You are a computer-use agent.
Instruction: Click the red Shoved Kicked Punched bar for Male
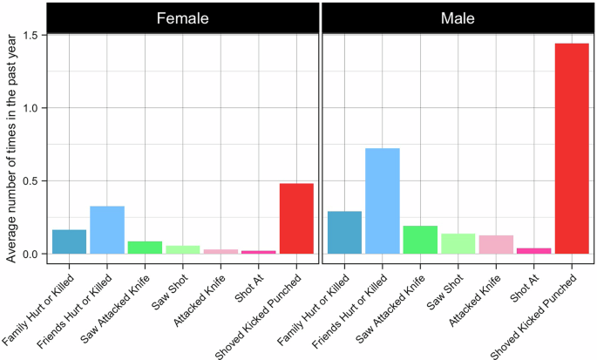(x=572, y=148)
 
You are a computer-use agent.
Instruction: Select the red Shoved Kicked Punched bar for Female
(x=295, y=218)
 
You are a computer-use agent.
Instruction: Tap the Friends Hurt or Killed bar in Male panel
(x=382, y=200)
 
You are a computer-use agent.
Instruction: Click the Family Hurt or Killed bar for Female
(x=70, y=241)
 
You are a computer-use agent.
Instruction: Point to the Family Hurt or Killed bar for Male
(x=344, y=232)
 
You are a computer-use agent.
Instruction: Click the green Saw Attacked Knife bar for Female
(x=145, y=248)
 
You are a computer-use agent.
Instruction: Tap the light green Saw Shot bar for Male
(x=458, y=243)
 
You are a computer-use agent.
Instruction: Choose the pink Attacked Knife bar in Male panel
(x=496, y=244)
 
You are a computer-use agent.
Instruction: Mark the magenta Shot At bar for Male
(x=533, y=251)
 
